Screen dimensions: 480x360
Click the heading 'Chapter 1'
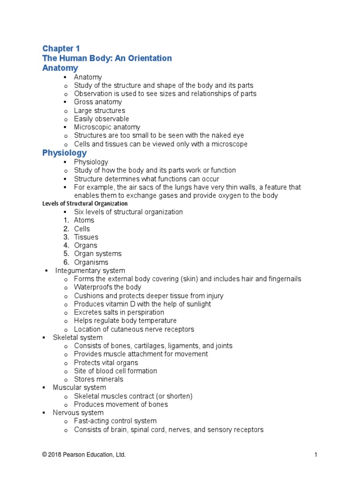(61, 48)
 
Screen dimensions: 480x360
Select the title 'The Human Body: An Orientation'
(107, 58)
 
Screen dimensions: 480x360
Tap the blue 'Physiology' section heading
(64, 153)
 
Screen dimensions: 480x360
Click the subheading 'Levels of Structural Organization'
(85, 203)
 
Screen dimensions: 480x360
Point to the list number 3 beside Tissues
(67, 237)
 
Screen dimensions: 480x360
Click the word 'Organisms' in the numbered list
(91, 262)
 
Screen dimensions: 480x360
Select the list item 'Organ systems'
(97, 254)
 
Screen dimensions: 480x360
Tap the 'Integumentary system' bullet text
(90, 270)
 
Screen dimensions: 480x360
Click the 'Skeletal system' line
(77, 337)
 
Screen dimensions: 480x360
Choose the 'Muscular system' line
(79, 388)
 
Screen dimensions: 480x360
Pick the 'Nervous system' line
(78, 412)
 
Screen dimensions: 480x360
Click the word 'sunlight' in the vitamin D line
(197, 304)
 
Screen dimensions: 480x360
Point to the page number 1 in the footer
(316, 455)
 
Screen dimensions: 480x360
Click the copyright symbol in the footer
(45, 455)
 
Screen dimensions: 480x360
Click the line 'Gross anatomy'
(97, 102)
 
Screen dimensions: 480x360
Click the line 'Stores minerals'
(98, 379)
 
